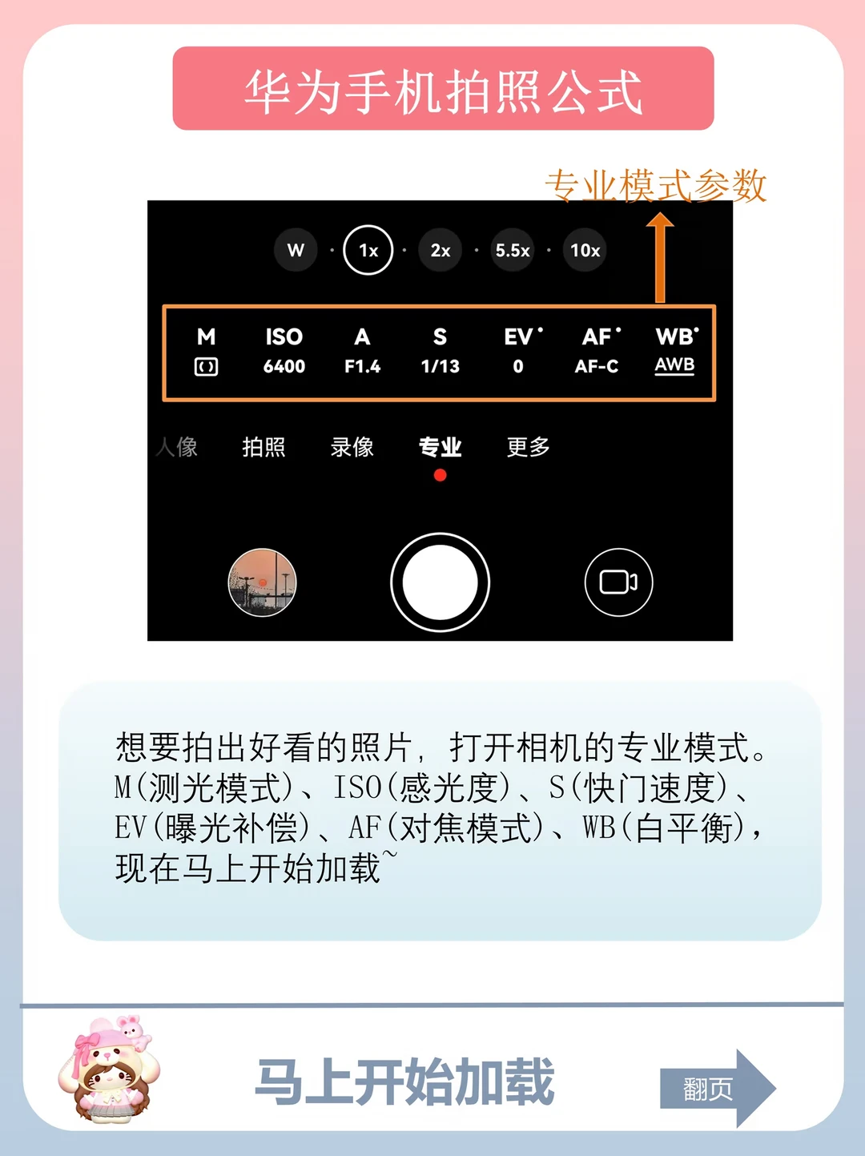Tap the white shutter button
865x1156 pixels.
click(441, 582)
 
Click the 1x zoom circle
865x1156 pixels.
click(368, 250)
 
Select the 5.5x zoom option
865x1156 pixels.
click(513, 250)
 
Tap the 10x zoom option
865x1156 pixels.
click(585, 250)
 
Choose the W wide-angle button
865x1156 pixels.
click(296, 250)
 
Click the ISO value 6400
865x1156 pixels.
click(284, 366)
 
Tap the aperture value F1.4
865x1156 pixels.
click(362, 366)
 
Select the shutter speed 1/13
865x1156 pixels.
click(441, 366)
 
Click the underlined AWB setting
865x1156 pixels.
click(674, 365)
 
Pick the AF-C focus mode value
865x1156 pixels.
click(597, 366)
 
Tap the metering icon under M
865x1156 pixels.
click(207, 367)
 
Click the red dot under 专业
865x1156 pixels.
click(441, 476)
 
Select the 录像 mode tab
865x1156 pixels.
click(352, 447)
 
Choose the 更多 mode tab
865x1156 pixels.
click(528, 447)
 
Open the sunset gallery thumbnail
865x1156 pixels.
click(262, 582)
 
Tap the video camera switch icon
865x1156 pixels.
click(618, 582)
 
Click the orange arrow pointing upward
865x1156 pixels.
click(660, 257)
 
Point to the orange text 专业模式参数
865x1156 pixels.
click(655, 185)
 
